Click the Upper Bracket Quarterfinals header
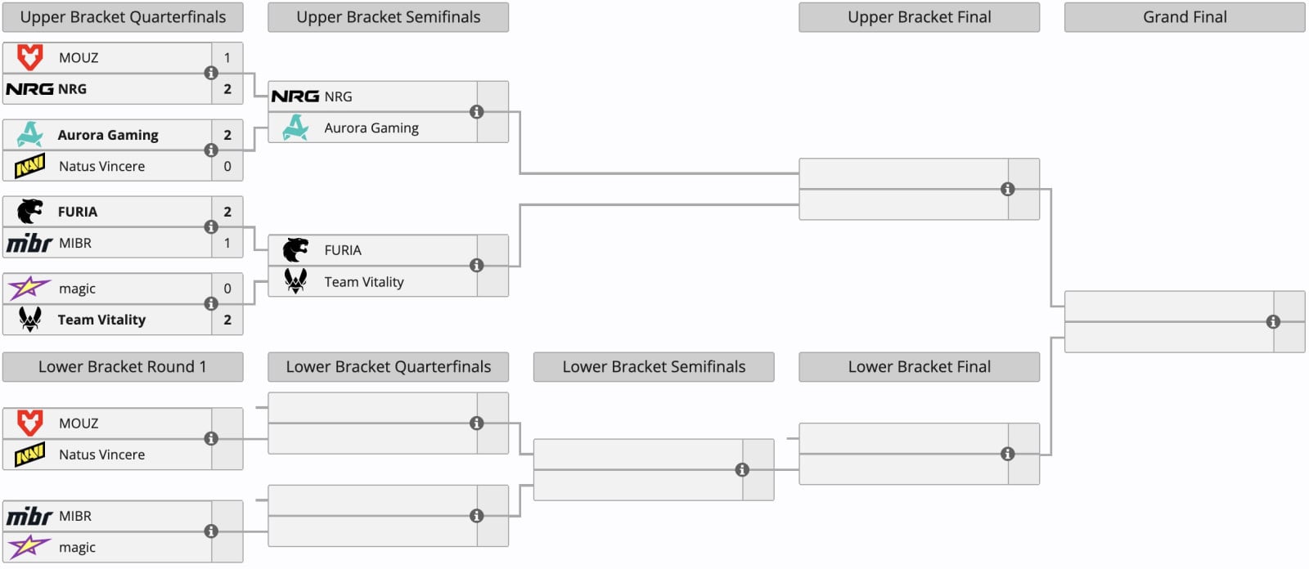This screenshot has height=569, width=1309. click(x=123, y=17)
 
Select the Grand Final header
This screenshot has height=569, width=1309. click(x=1185, y=17)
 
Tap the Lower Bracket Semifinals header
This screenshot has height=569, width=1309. click(x=654, y=367)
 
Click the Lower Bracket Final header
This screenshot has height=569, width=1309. click(x=920, y=367)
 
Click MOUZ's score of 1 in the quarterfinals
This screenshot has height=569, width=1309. click(x=227, y=58)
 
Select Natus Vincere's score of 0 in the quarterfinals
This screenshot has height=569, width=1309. click(x=227, y=167)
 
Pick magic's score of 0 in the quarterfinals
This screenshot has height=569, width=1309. click(x=227, y=289)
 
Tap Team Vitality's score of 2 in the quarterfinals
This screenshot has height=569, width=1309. click(x=227, y=320)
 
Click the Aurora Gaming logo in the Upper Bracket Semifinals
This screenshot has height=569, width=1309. click(x=295, y=128)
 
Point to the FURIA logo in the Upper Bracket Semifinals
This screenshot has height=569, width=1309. click(x=295, y=250)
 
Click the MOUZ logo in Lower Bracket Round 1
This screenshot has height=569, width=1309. click(x=29, y=423)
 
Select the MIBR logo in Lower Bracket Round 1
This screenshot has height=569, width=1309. click(x=29, y=517)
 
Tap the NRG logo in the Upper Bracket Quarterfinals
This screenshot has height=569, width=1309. click(x=29, y=89)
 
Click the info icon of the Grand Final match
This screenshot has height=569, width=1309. click(x=1273, y=322)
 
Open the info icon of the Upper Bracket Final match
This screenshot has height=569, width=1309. click(x=1007, y=190)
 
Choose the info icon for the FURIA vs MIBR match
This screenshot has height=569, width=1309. click(x=211, y=227)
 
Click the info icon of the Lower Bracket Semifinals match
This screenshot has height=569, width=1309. click(x=742, y=470)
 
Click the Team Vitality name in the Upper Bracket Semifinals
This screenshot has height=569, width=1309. click(x=364, y=282)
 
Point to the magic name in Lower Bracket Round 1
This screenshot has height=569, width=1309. click(x=77, y=548)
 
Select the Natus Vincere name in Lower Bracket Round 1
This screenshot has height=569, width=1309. click(x=101, y=455)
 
